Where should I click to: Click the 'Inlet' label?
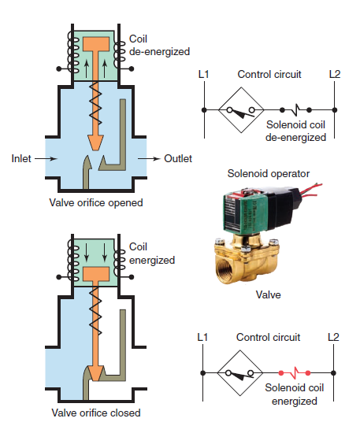click(x=21, y=158)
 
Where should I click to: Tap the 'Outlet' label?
click(x=178, y=158)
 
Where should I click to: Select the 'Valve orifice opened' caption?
click(x=94, y=202)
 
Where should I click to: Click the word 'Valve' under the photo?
click(x=269, y=295)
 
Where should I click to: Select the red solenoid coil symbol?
click(x=295, y=370)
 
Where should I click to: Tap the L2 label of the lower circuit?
click(x=334, y=338)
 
